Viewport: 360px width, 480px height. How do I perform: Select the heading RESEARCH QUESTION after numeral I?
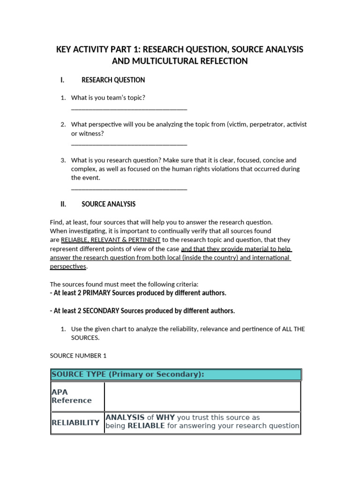coord(113,80)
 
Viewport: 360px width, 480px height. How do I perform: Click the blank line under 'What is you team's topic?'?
coord(129,108)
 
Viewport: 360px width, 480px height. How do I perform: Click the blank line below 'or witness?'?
coord(129,144)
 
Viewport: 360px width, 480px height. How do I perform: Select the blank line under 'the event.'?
coord(129,188)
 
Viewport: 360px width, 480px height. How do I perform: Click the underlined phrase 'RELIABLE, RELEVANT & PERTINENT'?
coord(111,240)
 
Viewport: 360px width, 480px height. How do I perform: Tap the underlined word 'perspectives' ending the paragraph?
coord(68,266)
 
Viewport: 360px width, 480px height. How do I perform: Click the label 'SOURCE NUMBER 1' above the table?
coord(78,356)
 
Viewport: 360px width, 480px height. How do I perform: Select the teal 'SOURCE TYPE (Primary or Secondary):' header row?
coord(175,375)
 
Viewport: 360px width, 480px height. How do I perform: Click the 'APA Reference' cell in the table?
coord(71,397)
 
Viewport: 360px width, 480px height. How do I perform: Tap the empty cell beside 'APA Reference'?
coord(202,397)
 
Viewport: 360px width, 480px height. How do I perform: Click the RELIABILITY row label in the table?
coord(75,422)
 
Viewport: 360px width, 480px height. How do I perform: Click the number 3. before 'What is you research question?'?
coord(63,160)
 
